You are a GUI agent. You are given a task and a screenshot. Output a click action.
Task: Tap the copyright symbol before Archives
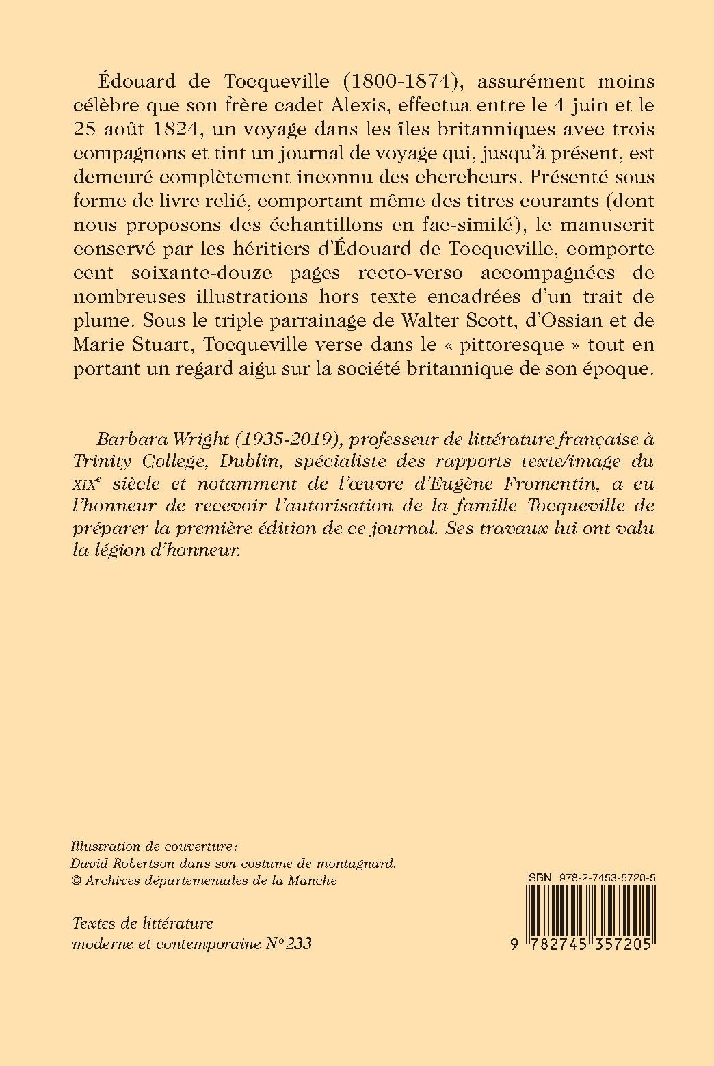click(76, 881)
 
